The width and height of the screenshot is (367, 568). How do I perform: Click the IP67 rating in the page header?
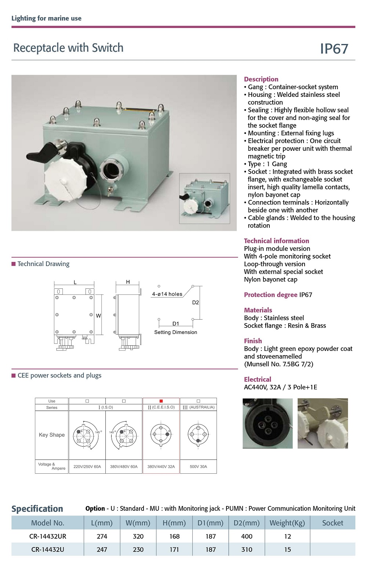click(334, 49)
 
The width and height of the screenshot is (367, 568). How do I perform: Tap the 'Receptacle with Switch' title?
click(68, 48)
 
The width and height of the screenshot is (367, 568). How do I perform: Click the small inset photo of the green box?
click(204, 198)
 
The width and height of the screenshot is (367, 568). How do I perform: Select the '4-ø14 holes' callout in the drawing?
click(167, 294)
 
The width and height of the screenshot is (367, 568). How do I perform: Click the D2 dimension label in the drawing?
click(195, 303)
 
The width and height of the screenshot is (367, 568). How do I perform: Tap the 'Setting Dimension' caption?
click(175, 332)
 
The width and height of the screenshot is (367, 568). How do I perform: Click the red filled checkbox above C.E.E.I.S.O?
click(161, 401)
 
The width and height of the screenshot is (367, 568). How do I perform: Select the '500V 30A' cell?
click(198, 467)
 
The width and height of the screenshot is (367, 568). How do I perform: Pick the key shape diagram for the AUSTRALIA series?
click(198, 435)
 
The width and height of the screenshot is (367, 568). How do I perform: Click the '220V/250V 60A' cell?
click(87, 467)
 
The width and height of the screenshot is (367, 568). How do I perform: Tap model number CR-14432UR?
click(48, 536)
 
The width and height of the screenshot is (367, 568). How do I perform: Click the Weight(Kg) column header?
click(287, 523)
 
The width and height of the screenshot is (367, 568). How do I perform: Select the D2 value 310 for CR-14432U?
click(247, 549)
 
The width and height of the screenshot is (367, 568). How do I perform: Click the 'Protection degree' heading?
click(270, 295)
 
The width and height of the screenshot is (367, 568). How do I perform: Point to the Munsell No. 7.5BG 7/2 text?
click(279, 364)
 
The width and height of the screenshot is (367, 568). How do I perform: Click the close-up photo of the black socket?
click(268, 423)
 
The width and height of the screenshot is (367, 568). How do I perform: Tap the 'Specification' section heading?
click(37, 509)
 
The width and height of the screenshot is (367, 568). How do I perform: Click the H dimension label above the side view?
click(128, 282)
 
